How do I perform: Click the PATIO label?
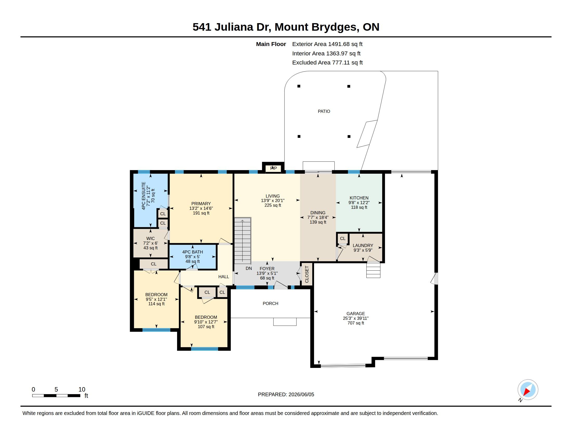pos(324,111)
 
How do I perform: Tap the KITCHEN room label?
pos(359,198)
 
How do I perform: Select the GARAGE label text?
pos(355,314)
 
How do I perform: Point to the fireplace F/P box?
pos(273,168)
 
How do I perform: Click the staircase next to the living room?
pos(243,240)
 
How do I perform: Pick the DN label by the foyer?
pos(249,268)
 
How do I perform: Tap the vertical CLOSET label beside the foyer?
pos(307,274)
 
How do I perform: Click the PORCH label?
pos(270,303)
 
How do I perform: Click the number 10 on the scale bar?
pos(82,389)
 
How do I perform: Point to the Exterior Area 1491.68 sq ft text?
pos(327,44)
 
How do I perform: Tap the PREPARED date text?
pos(286,394)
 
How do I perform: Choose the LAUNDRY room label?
pos(363,246)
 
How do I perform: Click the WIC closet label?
pos(150,238)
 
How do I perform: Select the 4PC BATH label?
pos(192,252)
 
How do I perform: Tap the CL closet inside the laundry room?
pos(343,238)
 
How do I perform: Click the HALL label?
pos(223,277)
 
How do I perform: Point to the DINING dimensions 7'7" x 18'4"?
pos(318,217)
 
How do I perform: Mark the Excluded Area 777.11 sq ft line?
pos(327,63)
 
